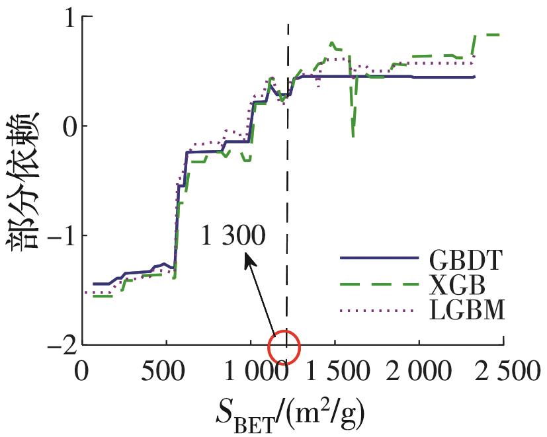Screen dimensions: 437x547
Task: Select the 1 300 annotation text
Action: (x=232, y=236)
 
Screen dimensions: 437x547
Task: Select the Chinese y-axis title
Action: (x=24, y=179)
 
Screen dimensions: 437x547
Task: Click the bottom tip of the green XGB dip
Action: (x=353, y=137)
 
